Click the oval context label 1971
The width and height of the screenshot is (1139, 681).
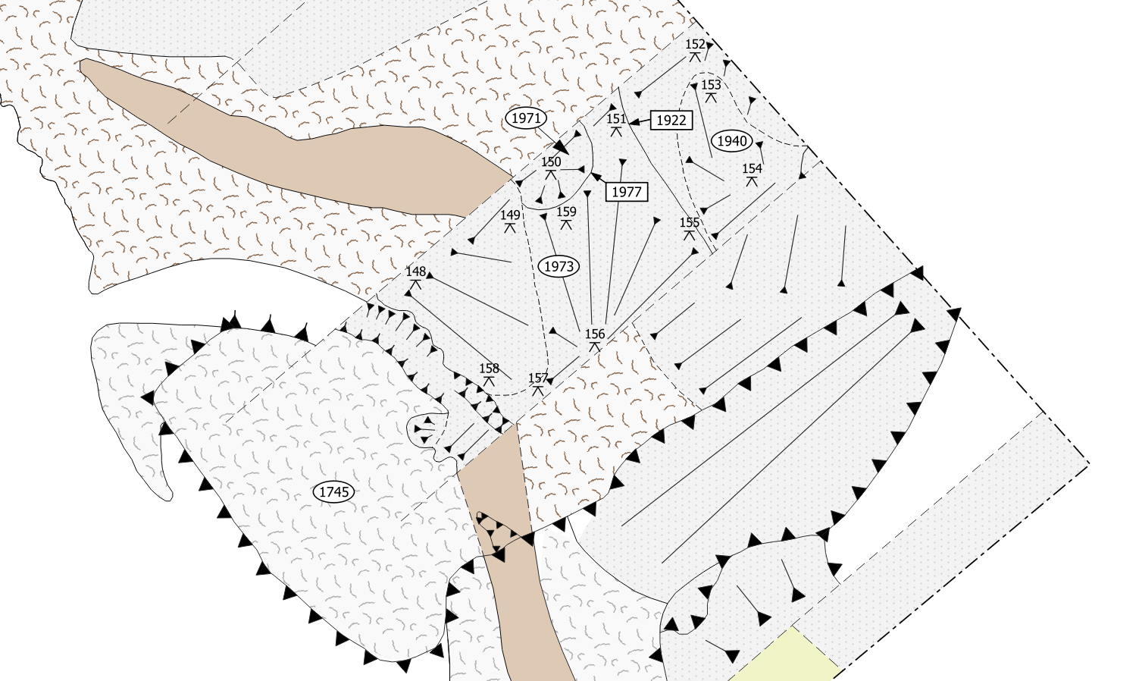pos(526,118)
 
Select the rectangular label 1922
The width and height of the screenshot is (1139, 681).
pos(671,120)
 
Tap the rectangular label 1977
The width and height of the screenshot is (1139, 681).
pos(627,192)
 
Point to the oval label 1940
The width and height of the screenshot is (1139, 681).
pos(732,141)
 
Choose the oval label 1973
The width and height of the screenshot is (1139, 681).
pos(559,267)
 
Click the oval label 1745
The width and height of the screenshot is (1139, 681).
pos(334,492)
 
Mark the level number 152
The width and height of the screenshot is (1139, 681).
pos(695,44)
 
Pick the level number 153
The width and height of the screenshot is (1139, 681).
pos(711,85)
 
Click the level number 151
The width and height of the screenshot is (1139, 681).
pos(616,119)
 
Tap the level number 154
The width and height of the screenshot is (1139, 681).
pos(752,168)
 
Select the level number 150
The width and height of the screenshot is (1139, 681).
pos(551,162)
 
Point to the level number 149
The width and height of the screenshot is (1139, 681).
pos(510,215)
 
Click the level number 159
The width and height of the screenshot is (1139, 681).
pos(566,212)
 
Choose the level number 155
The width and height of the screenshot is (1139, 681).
pos(690,222)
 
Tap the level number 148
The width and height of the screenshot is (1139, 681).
pos(415,271)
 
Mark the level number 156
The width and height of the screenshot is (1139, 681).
pos(595,334)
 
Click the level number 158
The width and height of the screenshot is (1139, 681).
pos(489,369)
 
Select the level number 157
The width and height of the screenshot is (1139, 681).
pos(538,378)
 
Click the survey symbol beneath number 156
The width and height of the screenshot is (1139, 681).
pos(595,347)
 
